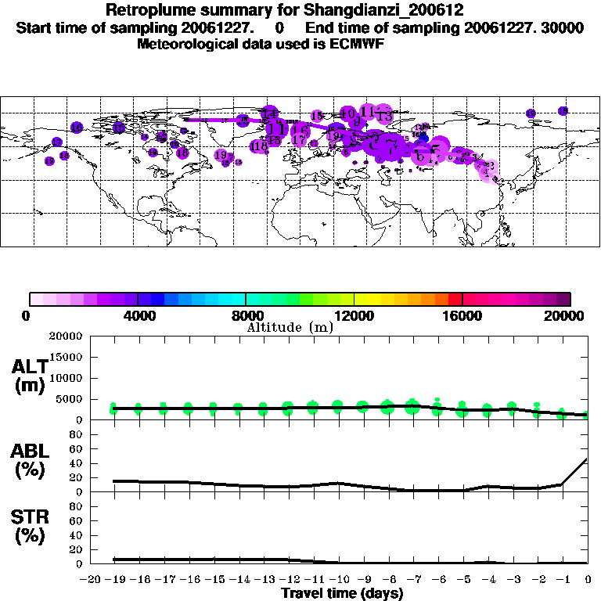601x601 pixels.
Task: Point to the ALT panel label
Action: coord(29,376)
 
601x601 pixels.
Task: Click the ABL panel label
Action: coord(29,460)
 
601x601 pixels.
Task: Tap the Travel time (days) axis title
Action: coord(342,594)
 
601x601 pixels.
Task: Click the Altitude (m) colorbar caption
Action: coord(290,327)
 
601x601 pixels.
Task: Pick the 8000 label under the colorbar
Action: coord(247,316)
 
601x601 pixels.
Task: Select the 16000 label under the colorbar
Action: coord(462,316)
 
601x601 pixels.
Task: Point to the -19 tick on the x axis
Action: coord(114,581)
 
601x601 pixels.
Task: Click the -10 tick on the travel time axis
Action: coord(337,581)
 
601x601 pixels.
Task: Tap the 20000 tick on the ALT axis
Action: coord(68,336)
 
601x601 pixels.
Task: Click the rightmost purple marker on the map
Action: coord(563,111)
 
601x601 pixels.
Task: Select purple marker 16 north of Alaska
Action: coord(77,127)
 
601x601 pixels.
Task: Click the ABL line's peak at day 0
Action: coord(588,459)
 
